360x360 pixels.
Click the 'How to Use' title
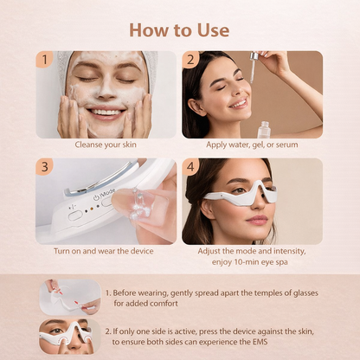point(179,29)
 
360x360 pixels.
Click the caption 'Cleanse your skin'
point(106,145)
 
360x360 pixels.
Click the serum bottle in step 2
point(263,129)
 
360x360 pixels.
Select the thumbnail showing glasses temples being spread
point(68,297)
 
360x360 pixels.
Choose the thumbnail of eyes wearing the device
point(68,336)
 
